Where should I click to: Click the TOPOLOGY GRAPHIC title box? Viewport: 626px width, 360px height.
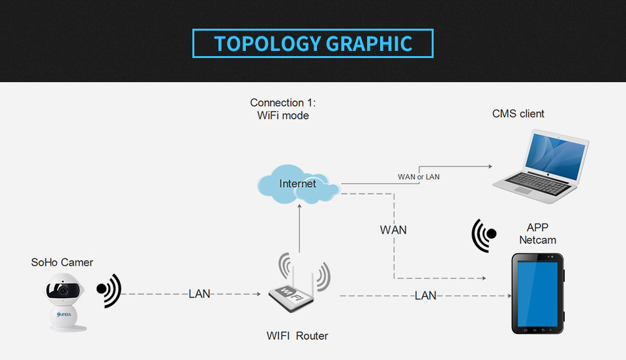pos(313,43)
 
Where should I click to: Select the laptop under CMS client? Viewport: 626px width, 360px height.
pos(541,163)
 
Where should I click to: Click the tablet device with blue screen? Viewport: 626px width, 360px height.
pos(537,293)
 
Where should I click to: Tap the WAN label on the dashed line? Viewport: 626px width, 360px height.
pos(393,230)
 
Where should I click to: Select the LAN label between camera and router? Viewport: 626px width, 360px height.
pos(200,294)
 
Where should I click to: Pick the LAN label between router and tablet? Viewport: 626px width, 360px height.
pos(425,296)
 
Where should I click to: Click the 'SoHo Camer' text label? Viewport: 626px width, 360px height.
pos(62,263)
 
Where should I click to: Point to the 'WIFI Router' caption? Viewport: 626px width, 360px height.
pos(297,337)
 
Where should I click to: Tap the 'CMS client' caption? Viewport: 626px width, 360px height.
pos(518,114)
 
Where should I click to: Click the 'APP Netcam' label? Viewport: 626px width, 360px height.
pos(537,234)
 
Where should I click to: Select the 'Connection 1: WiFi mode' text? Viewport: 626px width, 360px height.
pos(282,110)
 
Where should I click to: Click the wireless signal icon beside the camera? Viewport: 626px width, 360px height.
pos(109,289)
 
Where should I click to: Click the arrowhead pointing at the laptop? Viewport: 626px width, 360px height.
pos(490,167)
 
